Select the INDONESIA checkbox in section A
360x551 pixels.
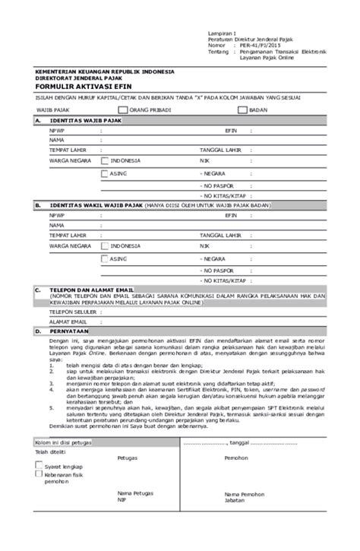105,161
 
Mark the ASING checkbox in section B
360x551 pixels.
105,259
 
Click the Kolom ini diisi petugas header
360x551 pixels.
65,443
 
